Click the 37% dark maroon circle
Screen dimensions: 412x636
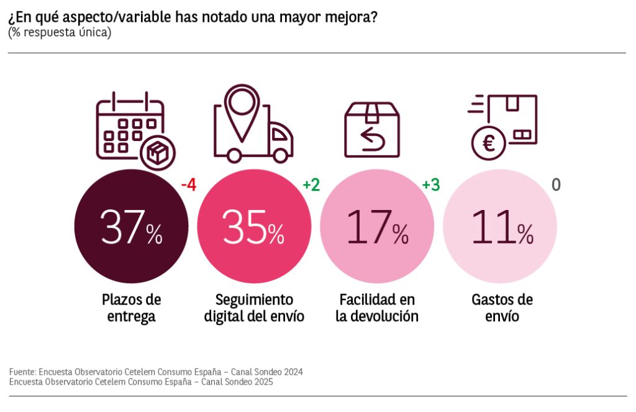(x=131, y=226)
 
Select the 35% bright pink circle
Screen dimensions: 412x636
(x=253, y=226)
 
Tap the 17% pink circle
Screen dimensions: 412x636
(x=376, y=226)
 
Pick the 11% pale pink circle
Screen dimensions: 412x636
(x=500, y=226)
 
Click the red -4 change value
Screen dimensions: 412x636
(x=188, y=185)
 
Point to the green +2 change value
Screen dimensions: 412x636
(x=311, y=185)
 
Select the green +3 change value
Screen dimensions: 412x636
(x=431, y=185)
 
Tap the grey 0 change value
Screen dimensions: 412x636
(x=556, y=185)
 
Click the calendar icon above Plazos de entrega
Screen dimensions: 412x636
(x=130, y=127)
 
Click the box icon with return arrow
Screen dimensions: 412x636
(x=372, y=129)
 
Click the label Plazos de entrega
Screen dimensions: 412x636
(x=131, y=308)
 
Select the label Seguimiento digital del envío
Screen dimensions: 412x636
(x=254, y=308)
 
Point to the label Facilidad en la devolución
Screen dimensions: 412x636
(x=377, y=308)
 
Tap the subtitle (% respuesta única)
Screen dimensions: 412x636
(x=60, y=32)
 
